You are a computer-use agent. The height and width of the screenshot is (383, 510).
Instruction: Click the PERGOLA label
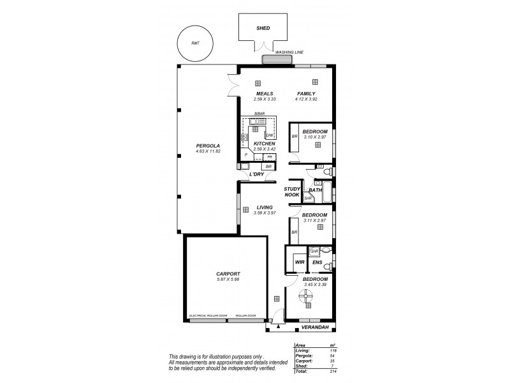(208, 146)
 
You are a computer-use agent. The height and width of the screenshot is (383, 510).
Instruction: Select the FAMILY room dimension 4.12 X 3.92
(306, 99)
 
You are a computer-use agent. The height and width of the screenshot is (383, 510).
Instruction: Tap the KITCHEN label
(264, 144)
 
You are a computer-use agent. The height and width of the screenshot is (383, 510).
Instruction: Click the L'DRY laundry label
(256, 174)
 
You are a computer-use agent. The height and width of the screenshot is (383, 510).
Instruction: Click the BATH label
(315, 190)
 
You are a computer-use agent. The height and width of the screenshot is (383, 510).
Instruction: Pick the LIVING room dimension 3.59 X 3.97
(264, 213)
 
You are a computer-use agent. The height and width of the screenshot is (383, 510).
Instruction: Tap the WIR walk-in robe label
(299, 262)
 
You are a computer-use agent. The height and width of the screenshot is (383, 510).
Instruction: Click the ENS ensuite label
(317, 262)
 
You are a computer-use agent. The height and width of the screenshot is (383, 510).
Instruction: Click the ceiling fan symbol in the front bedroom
(306, 296)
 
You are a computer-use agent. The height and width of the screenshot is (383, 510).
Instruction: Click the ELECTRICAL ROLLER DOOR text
(208, 315)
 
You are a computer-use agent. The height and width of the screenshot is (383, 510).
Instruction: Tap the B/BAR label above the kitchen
(259, 114)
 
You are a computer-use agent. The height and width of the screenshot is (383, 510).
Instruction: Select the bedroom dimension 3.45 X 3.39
(315, 285)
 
